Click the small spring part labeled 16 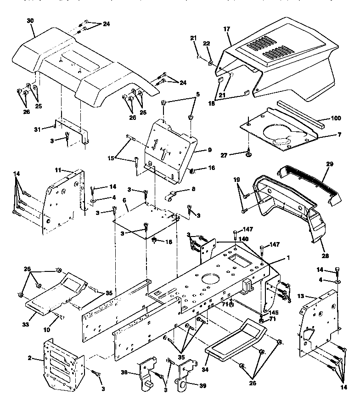[x=193, y=171]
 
